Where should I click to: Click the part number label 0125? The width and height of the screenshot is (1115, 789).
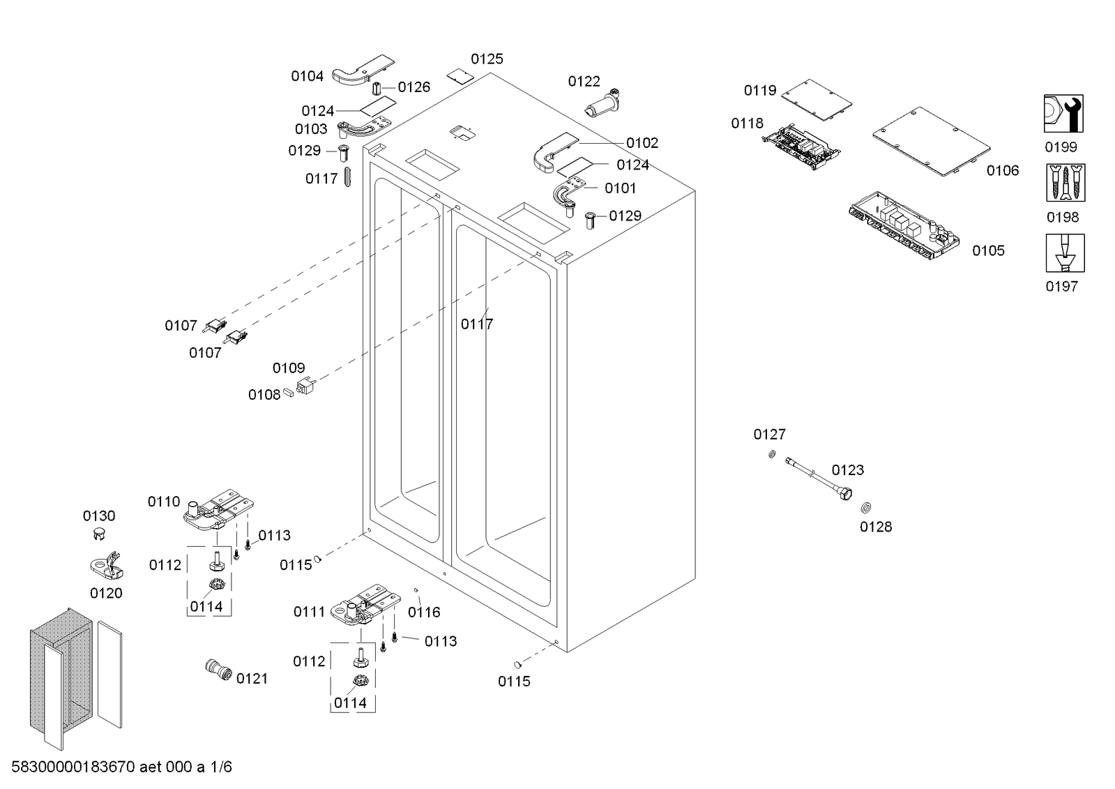487,59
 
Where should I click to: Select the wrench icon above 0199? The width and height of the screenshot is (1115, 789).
1063,114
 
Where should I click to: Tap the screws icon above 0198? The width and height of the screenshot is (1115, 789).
1065,183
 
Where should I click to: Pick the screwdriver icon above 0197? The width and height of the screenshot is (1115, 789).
1065,253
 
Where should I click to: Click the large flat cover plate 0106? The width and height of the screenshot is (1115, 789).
932,141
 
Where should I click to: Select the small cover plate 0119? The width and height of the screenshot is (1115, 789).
817,99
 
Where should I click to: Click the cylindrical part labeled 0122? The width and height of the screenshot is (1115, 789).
602,104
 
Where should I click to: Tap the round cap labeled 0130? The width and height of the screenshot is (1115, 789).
99,533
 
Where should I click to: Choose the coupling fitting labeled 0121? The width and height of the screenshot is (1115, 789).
218,670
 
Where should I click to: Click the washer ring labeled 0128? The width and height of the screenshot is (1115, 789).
865,508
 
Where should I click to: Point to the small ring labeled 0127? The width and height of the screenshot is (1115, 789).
772,454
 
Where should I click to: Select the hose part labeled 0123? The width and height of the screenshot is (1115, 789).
819,479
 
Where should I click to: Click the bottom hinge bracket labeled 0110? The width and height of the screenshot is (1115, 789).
219,509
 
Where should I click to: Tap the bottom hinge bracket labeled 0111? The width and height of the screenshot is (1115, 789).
366,604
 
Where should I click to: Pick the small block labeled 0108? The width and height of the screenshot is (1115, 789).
288,393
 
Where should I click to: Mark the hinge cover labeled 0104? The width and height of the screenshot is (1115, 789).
363,70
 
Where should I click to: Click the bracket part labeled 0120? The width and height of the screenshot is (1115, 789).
107,566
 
